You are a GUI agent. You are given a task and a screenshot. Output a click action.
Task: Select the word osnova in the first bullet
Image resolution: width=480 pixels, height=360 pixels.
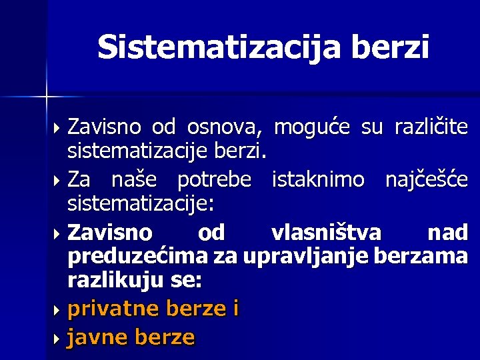[225, 126]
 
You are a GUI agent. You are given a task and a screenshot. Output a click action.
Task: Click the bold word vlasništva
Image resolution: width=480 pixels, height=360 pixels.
[326, 233]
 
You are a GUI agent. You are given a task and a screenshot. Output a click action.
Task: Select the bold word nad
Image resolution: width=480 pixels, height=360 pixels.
[447, 233]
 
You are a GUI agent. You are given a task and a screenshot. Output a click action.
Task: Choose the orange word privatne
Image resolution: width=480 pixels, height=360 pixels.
[114, 309]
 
